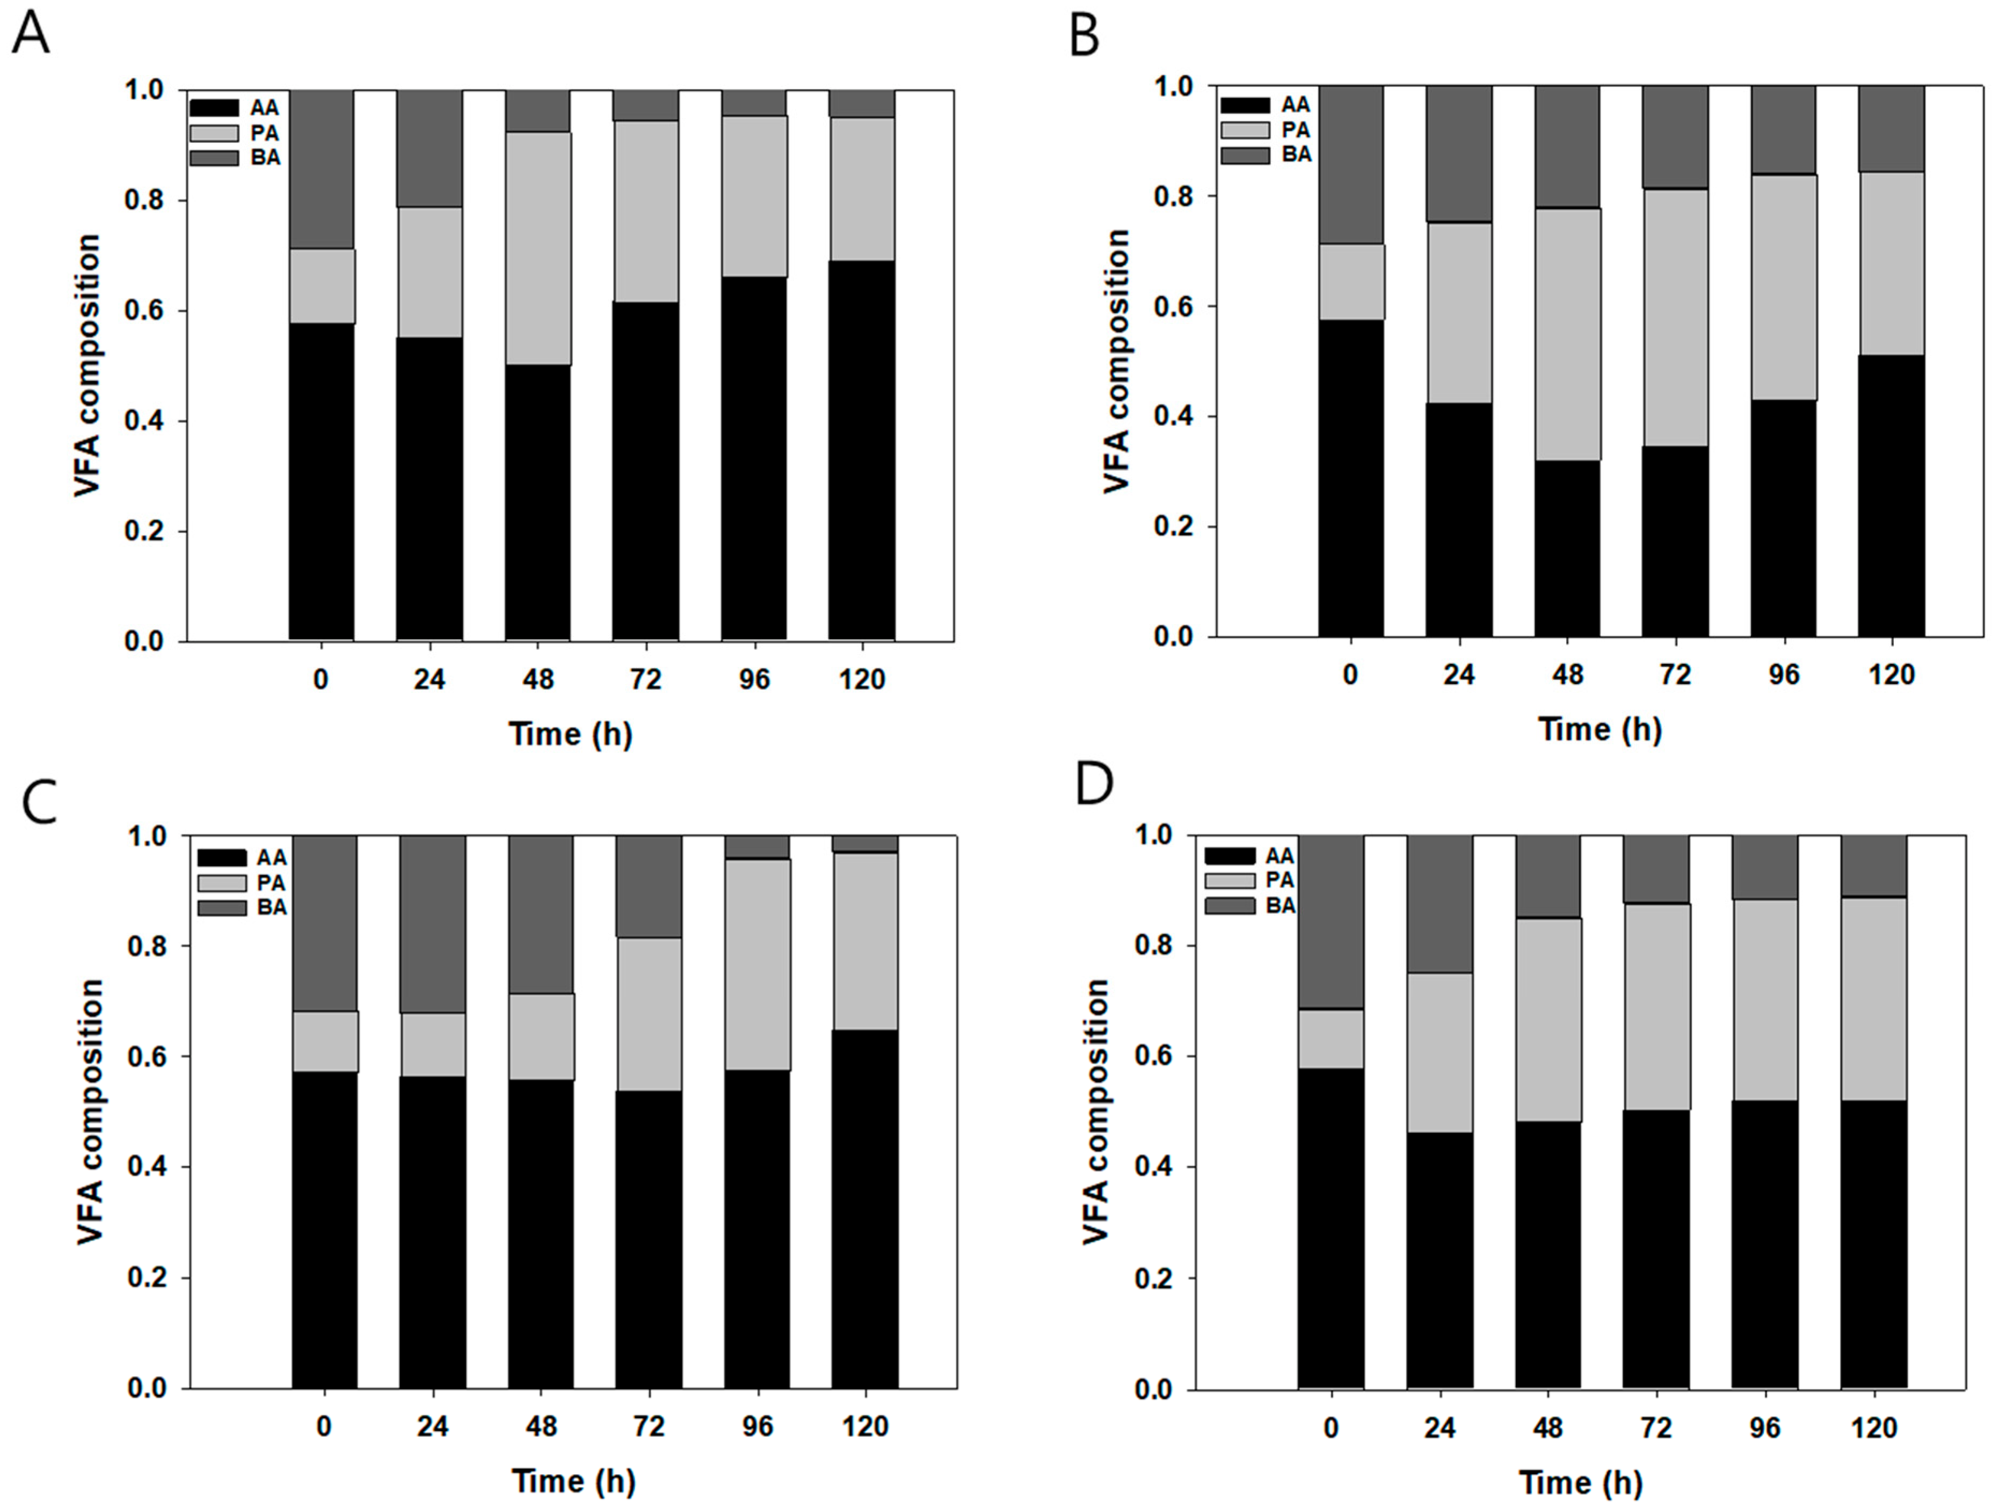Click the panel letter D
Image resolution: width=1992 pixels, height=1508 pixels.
[x=1095, y=784]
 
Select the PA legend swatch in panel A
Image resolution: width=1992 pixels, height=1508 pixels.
[x=214, y=133]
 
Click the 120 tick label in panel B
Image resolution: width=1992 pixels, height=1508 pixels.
[x=1891, y=675]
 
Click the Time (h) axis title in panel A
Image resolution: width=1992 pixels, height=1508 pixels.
[x=571, y=734]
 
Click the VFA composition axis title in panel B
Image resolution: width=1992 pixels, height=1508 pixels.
[x=1117, y=361]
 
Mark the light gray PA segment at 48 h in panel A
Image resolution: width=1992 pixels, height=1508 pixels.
[x=537, y=247]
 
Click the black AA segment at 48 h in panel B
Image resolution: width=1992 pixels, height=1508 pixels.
[x=1567, y=549]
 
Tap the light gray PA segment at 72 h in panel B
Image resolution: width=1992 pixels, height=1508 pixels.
[x=1675, y=317]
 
